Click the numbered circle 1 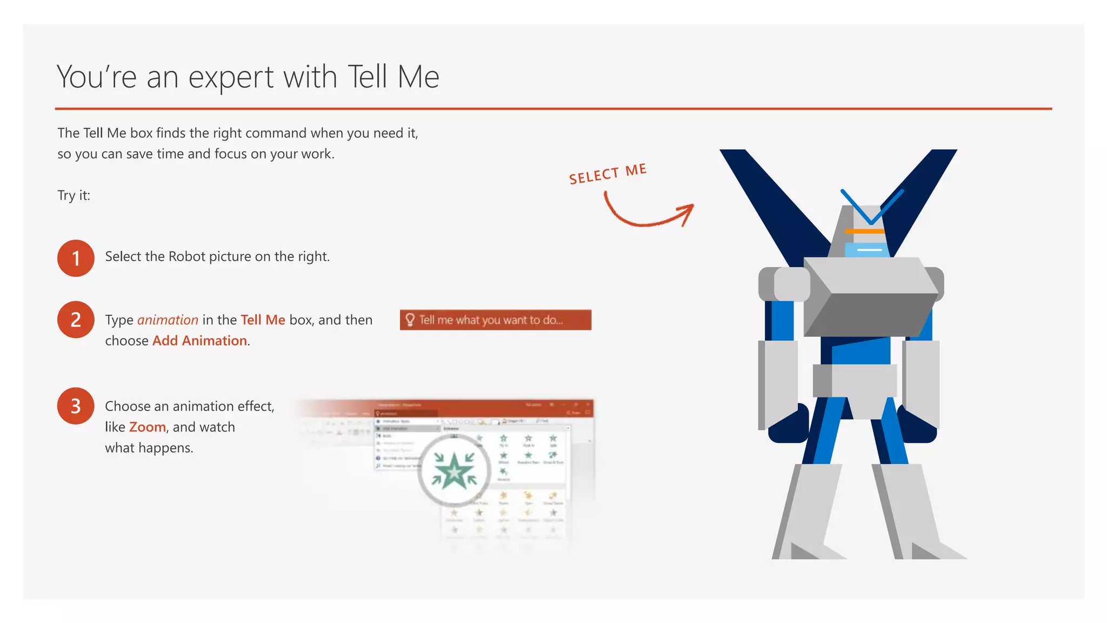tap(76, 259)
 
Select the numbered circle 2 tap(76, 320)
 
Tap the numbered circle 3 tap(76, 406)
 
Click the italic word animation tap(168, 320)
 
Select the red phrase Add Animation tap(199, 341)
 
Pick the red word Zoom tap(147, 427)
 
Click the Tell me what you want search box tap(496, 320)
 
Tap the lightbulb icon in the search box tap(410, 320)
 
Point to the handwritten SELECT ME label tap(608, 174)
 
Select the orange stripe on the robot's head tap(865, 231)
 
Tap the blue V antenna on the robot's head tap(871, 208)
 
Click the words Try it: tap(74, 195)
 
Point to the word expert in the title tap(231, 77)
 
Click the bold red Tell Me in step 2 tap(263, 320)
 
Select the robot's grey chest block tap(870, 297)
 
